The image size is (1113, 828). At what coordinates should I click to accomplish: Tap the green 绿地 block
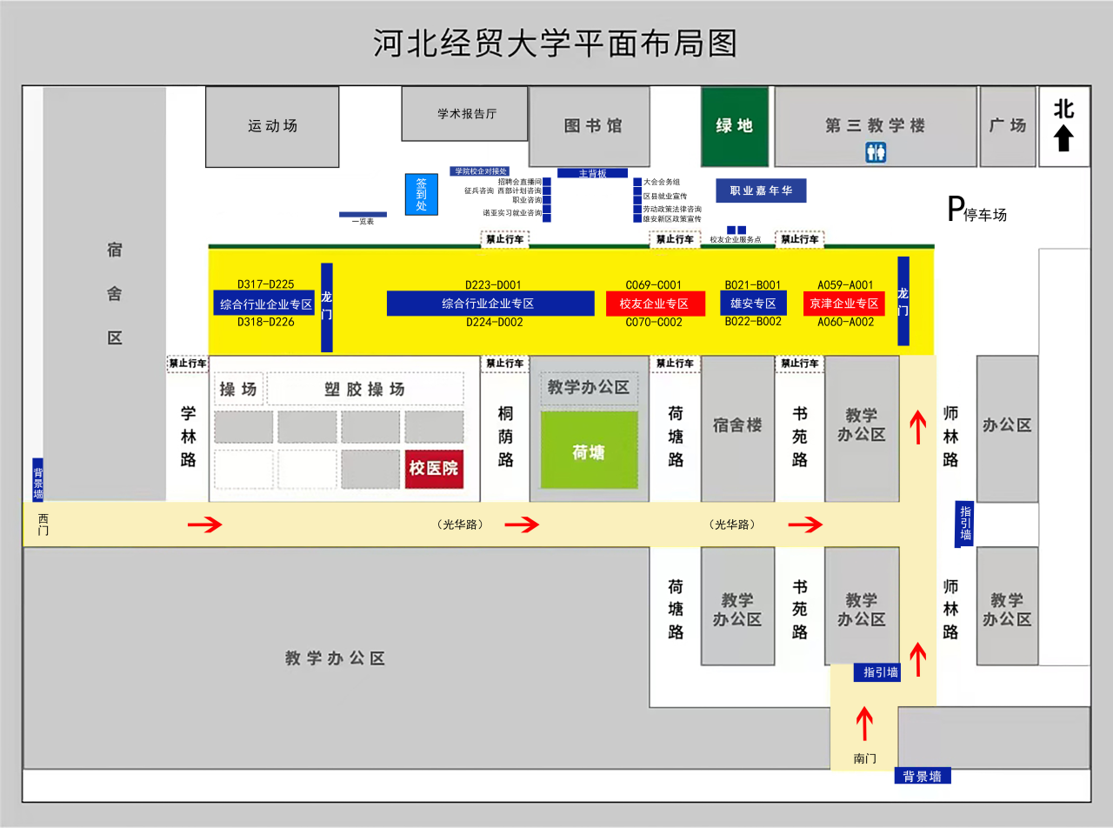pos(735,126)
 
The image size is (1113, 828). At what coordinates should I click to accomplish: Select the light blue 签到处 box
pos(422,194)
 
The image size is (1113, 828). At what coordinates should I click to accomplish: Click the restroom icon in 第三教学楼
pos(875,153)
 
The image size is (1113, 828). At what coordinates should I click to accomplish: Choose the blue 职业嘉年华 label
pos(761,190)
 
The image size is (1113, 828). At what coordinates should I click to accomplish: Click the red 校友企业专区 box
pos(655,304)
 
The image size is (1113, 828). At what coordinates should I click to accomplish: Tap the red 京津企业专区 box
pos(843,304)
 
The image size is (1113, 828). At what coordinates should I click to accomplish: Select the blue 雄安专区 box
pos(753,304)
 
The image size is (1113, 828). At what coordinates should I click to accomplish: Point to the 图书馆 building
pos(593,126)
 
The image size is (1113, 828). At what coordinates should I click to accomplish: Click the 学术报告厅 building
pos(465,113)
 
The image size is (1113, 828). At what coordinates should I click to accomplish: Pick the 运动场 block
pos(272,126)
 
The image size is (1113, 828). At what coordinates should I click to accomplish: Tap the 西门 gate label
pos(43,524)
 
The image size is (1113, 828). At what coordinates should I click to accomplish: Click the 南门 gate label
pos(864,758)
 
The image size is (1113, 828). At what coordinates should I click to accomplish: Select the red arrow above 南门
pos(864,722)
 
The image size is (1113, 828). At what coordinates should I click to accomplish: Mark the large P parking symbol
pos(956,210)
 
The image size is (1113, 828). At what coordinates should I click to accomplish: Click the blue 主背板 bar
pos(592,173)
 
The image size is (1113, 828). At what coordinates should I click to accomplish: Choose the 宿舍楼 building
pos(737,425)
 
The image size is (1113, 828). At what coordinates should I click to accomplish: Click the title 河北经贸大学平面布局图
pos(556,42)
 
